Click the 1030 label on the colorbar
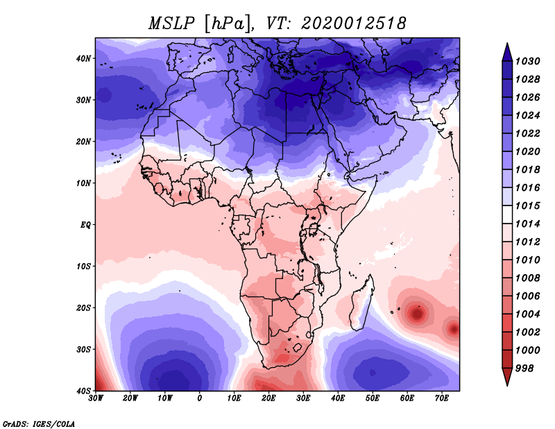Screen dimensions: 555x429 [527, 61]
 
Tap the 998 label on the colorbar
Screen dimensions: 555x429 [524, 369]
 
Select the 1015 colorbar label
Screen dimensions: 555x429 [527, 205]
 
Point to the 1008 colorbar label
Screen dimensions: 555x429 [527, 278]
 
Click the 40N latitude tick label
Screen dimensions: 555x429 [83, 58]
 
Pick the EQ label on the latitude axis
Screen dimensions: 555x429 [85, 225]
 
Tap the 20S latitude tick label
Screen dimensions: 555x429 [83, 308]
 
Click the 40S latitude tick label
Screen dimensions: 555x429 [83, 391]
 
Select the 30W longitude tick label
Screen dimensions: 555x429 [96, 398]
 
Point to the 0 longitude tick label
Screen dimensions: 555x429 [200, 398]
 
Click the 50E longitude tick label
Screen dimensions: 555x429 [373, 398]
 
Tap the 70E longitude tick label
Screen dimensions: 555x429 [442, 398]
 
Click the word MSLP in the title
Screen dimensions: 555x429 [171, 24]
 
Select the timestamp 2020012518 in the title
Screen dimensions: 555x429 [353, 24]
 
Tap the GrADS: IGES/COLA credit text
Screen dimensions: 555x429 [39, 423]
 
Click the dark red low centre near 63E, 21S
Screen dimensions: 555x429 [417, 314]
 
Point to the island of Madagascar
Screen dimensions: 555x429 [362, 304]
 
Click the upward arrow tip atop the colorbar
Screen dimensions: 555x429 [507, 44]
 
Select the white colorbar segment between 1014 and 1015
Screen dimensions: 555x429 [507, 214]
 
